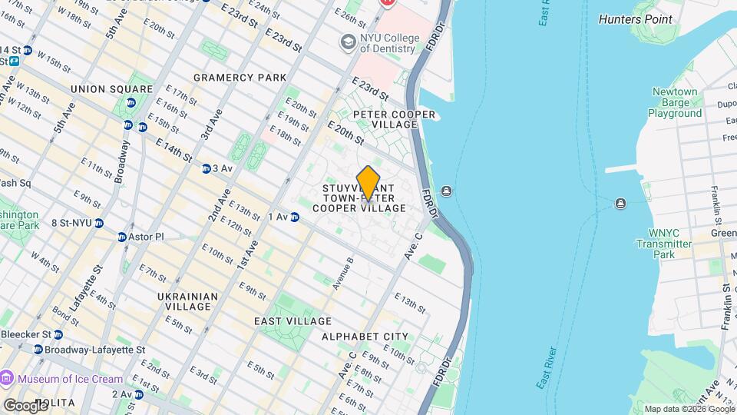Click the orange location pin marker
pos(368,184)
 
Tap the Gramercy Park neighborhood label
pos(240,78)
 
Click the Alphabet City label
pos(365,337)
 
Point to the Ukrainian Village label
pos(187,301)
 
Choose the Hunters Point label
pos(635,19)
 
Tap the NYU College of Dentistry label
pos(389,44)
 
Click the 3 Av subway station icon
pos(207,169)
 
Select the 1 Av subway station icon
pos(295,217)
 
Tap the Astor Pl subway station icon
pos(122,237)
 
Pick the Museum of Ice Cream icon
pos(8,378)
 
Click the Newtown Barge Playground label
pos(675,102)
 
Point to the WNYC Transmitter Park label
pos(665,244)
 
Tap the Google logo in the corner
pos(26,405)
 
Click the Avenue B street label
pos(342,273)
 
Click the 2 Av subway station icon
pos(139,394)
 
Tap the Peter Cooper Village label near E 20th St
pos(394,119)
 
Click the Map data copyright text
pos(689,409)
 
